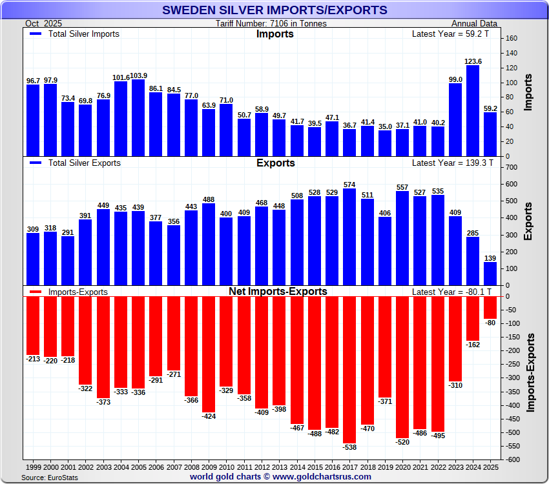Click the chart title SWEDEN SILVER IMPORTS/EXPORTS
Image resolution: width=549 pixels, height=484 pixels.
pyautogui.click(x=274, y=10)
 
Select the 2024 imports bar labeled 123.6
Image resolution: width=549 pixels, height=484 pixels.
pyautogui.click(x=473, y=110)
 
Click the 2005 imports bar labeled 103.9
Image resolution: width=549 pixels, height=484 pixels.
pyautogui.click(x=138, y=117)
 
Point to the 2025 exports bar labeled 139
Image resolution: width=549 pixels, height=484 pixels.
pyautogui.click(x=490, y=273)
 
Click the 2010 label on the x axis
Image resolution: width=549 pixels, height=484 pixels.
pyautogui.click(x=226, y=466)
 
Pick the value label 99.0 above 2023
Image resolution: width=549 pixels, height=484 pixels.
pyautogui.click(x=455, y=79)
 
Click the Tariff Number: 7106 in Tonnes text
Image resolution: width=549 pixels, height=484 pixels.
pyautogui.click(x=271, y=23)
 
